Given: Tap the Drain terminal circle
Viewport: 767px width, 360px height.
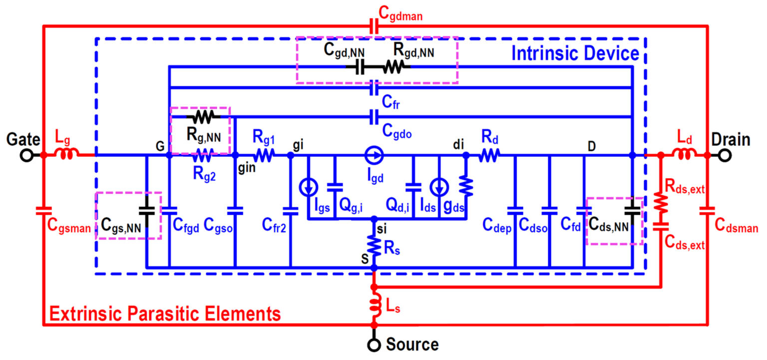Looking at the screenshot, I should (x=725, y=155).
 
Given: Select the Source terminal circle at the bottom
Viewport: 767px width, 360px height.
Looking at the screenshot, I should (x=374, y=345).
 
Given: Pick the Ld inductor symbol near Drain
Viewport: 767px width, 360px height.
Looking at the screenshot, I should (x=684, y=155).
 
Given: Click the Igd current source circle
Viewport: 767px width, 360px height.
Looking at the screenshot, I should (x=374, y=155).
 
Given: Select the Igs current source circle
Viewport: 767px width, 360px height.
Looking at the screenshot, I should (x=308, y=187).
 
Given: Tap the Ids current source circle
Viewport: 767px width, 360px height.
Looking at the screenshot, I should (x=439, y=187).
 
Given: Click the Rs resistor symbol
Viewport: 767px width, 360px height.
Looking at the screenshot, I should (x=374, y=245).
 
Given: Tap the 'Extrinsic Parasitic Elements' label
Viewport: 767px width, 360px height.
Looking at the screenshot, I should (x=164, y=314).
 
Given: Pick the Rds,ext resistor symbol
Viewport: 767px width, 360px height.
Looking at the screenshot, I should (x=661, y=202).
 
